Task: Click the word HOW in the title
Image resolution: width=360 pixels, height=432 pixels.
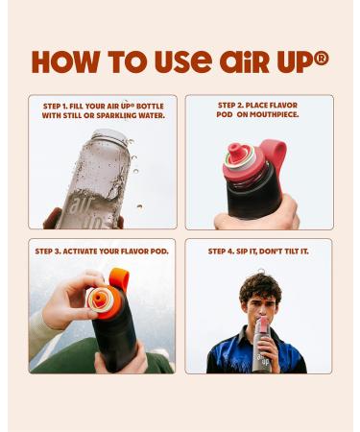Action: pyautogui.click(x=65, y=61)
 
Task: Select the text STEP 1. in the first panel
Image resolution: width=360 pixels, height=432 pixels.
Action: pyautogui.click(x=55, y=107)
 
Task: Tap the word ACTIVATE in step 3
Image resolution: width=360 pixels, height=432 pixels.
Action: pyautogui.click(x=80, y=252)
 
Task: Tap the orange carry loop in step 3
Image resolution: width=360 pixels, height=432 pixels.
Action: pyautogui.click(x=119, y=278)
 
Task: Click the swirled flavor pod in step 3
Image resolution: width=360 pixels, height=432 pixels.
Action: pyautogui.click(x=101, y=300)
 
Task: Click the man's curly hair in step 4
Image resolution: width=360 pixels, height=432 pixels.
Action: pyautogui.click(x=260, y=287)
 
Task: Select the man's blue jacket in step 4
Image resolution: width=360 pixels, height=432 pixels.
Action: pyautogui.click(x=256, y=352)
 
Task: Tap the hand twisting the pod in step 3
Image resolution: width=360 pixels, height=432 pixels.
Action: pyautogui.click(x=71, y=298)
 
